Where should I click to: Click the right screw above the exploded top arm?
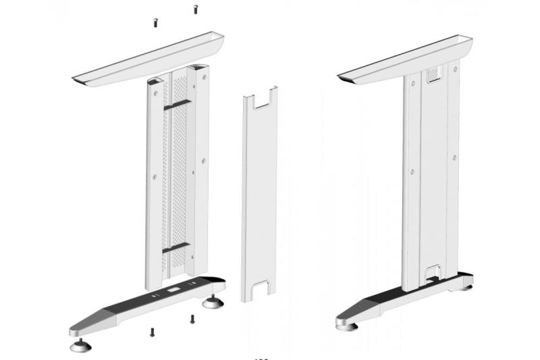(x=195, y=9)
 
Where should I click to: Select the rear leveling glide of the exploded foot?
(x=217, y=301)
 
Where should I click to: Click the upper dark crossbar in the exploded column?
(x=177, y=105)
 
